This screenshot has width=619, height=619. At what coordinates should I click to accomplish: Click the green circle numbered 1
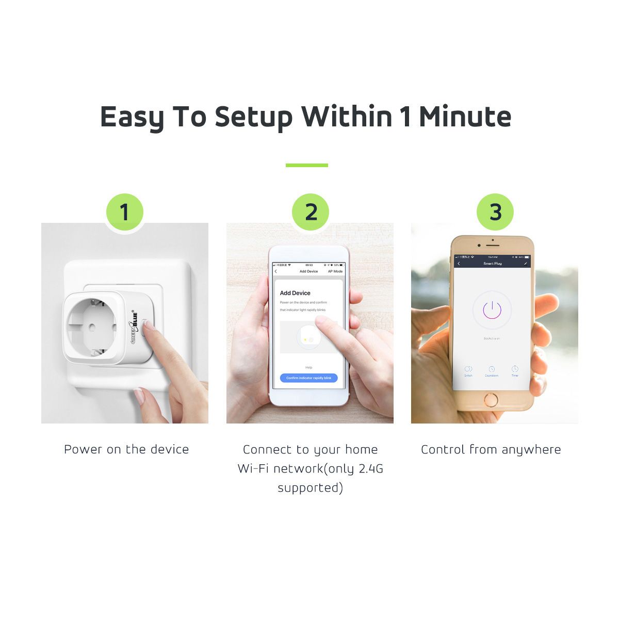click(124, 212)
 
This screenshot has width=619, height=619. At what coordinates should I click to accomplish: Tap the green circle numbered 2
click(311, 212)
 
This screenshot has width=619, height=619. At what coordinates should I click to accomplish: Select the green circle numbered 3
click(495, 212)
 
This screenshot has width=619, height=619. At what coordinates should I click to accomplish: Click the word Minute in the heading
click(465, 117)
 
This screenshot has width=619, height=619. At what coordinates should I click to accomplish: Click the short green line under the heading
click(307, 165)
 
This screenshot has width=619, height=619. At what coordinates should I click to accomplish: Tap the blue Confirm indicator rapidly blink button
click(308, 378)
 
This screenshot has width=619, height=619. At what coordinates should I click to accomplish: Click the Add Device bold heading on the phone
click(295, 293)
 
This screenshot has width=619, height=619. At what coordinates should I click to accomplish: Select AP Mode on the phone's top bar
click(335, 271)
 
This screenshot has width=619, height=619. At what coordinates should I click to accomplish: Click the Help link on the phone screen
click(308, 367)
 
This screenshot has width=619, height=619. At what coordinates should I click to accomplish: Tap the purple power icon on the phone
click(492, 310)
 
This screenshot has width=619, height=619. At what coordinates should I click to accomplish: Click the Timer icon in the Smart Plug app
click(515, 370)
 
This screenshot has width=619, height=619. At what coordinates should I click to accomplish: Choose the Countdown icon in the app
click(492, 370)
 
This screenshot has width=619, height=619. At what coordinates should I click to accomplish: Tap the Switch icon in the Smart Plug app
click(468, 370)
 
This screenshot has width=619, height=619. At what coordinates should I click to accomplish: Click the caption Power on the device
click(126, 449)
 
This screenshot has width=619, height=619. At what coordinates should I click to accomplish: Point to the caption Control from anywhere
click(491, 449)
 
